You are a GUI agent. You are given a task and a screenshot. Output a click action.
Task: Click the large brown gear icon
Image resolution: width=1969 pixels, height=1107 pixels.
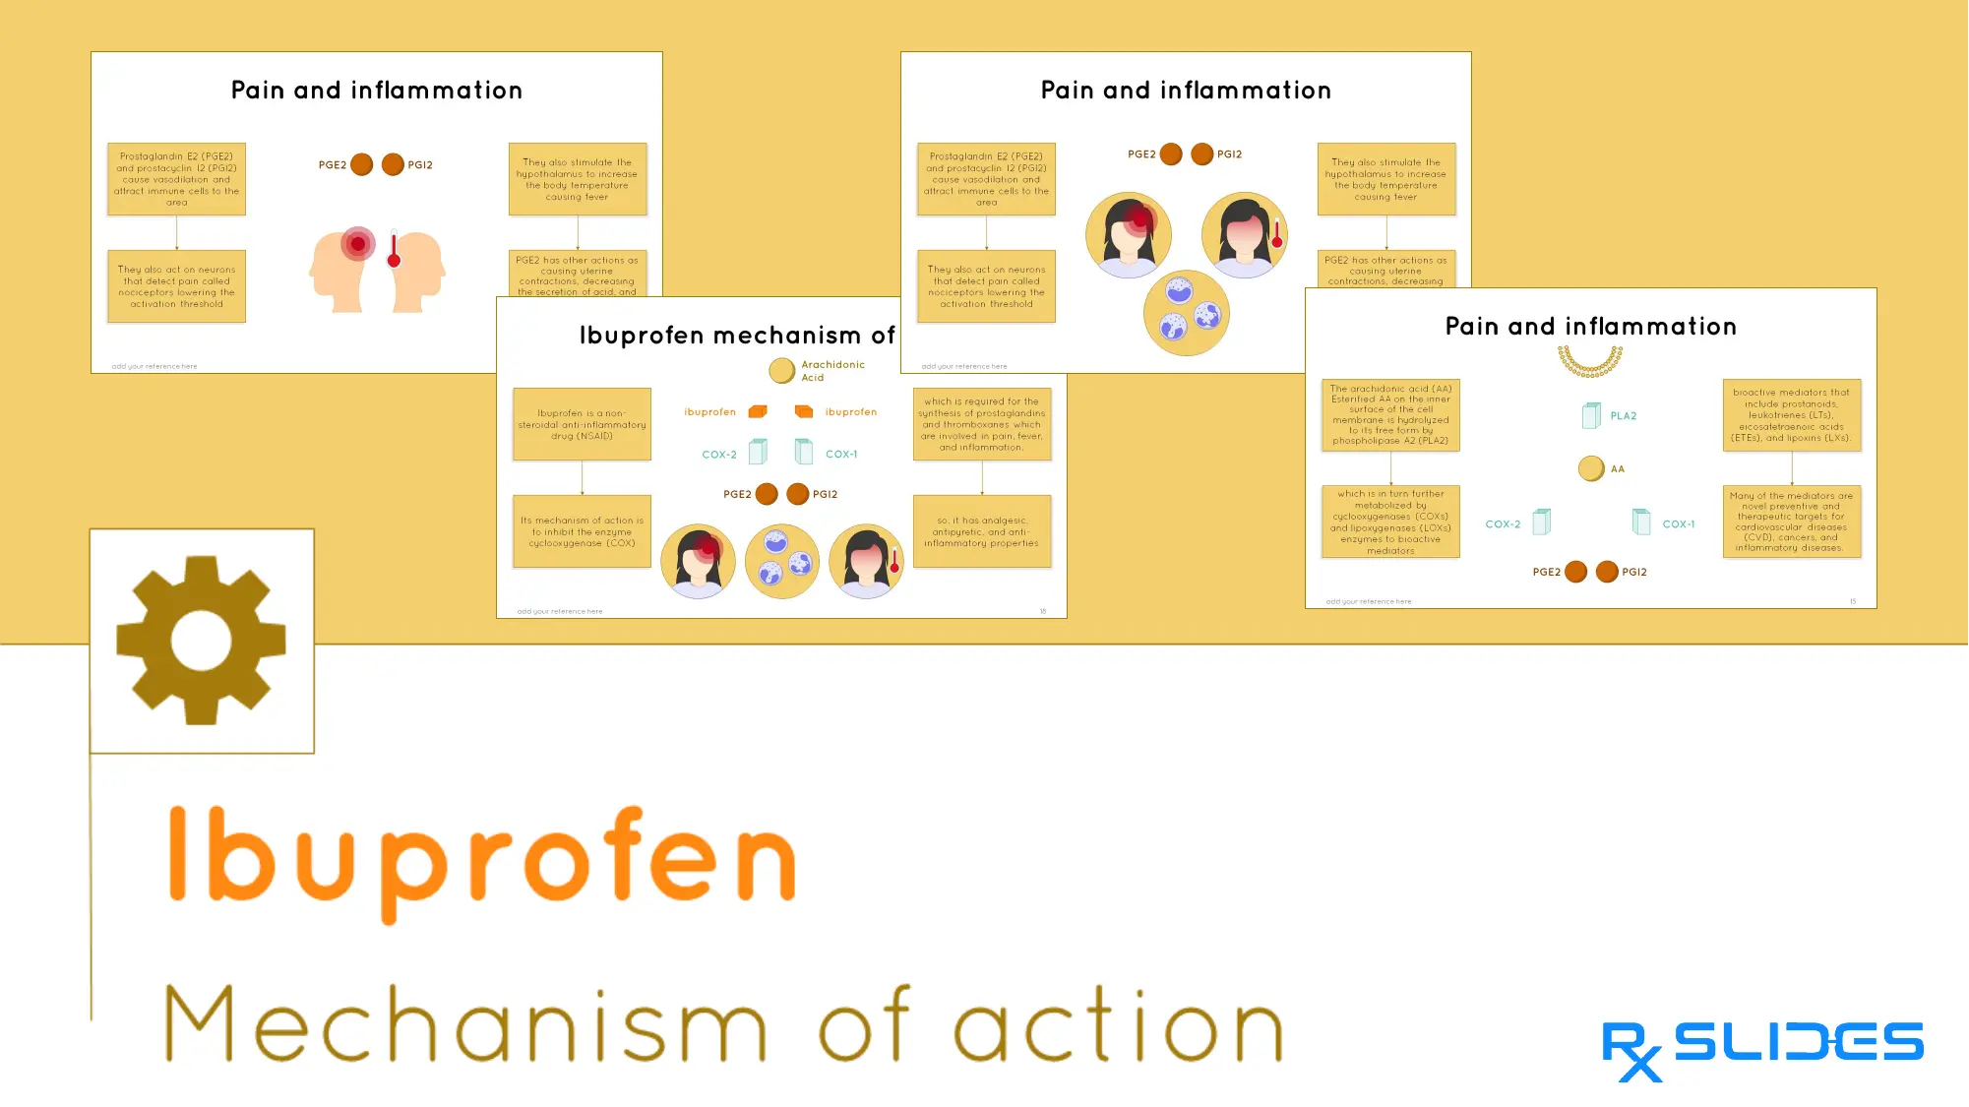coord(202,641)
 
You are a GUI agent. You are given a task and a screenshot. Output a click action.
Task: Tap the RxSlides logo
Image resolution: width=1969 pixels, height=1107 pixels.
coord(1761,1049)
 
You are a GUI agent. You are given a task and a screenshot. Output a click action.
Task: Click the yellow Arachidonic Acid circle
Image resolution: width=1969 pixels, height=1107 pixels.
coord(781,371)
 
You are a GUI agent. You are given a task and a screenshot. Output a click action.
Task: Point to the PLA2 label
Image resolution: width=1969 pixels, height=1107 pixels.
coord(1623,416)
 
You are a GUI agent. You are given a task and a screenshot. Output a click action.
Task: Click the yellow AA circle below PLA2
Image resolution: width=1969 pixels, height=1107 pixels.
coord(1590,469)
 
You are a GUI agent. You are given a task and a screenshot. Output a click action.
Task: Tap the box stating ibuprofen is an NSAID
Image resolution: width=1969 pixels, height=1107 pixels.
coord(582,425)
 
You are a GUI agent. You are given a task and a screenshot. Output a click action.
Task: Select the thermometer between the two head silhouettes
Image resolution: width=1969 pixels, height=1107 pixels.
coord(394,251)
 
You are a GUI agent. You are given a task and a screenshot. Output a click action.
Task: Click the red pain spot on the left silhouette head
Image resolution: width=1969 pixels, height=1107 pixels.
coord(358,243)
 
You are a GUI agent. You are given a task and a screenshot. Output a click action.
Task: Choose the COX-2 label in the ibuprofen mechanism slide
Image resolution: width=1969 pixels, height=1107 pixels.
coord(718,455)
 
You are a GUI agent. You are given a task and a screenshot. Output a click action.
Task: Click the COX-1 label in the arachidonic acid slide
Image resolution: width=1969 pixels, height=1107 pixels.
coord(1678,524)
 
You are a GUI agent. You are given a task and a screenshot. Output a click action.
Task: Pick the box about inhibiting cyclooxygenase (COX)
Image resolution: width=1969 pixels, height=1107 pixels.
coord(582,532)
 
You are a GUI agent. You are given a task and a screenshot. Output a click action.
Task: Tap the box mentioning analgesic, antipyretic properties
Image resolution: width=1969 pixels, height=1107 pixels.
coord(981,532)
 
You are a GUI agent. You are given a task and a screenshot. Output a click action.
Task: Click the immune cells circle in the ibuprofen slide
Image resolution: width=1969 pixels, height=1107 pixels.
coord(782,562)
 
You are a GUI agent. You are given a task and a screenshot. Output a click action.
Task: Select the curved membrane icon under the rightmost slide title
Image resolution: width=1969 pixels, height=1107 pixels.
coord(1590,362)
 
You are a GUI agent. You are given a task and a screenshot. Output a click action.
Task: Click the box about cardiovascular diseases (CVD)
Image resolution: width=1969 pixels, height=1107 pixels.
coord(1791,522)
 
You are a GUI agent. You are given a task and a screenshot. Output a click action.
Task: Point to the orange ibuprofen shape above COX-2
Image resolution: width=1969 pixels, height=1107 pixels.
coord(758,411)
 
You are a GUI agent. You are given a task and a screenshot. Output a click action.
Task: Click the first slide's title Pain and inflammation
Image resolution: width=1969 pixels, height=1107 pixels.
coord(377,91)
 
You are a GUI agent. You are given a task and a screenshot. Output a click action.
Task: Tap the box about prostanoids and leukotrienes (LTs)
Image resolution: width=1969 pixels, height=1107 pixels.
coord(1791,415)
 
